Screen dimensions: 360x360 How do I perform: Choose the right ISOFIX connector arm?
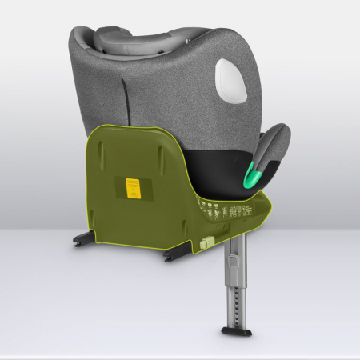coord(177,257)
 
